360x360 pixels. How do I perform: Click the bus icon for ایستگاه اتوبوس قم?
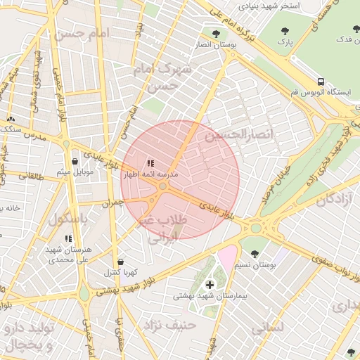(321, 82)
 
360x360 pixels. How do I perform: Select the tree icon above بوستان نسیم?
(255, 252)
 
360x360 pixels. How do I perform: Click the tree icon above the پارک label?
(285, 31)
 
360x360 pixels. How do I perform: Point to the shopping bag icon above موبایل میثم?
(75, 161)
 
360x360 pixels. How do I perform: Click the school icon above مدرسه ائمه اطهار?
(150, 163)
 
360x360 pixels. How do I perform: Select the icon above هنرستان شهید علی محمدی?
(68, 238)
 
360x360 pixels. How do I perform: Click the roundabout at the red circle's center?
(163, 186)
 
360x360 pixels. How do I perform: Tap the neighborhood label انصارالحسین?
(231, 133)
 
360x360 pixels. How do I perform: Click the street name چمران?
(112, 202)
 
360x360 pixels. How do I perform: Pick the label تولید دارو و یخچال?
(29, 337)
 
